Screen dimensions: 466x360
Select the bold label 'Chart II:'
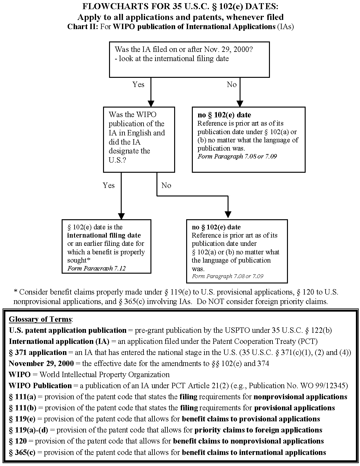(82, 27)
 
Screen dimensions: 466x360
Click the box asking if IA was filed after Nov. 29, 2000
(189, 59)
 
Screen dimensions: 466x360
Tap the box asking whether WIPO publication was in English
(139, 140)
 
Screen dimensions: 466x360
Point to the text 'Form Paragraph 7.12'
(96, 268)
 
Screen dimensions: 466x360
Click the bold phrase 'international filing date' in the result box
(104, 235)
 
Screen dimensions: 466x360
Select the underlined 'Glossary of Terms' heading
(40, 319)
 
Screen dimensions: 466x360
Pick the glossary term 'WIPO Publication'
(40, 386)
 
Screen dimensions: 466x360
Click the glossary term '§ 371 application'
(38, 352)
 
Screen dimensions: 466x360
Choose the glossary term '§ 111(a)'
(22, 397)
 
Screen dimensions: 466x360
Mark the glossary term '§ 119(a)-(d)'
(28, 430)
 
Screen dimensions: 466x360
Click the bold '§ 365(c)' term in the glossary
(22, 452)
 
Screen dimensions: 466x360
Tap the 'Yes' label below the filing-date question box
(138, 84)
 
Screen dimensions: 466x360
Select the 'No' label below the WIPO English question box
(166, 185)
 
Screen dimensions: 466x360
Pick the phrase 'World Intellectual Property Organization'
(104, 375)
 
